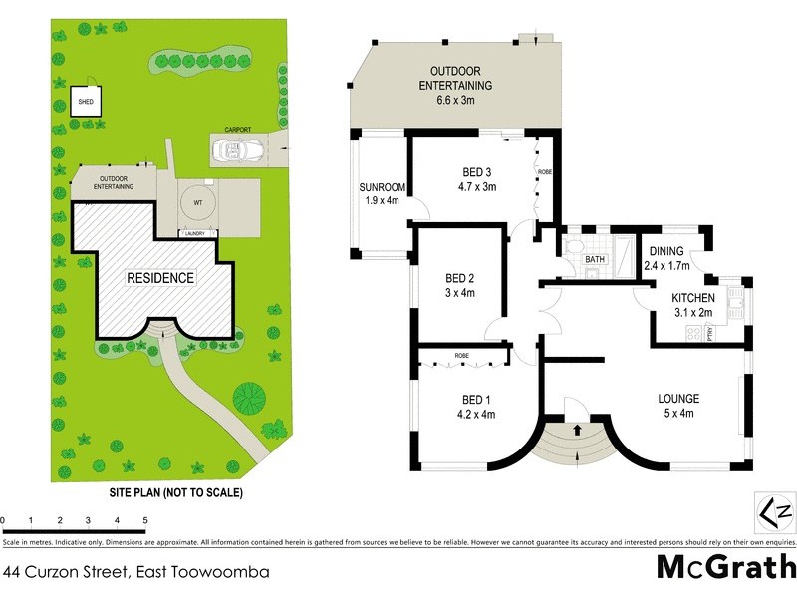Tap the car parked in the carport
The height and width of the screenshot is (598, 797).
point(237,151)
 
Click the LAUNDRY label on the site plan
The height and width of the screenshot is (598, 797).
point(194,234)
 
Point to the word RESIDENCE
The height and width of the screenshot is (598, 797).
point(159,278)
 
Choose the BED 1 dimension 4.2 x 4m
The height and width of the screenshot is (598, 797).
point(475,414)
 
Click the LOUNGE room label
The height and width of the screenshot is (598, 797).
point(678,398)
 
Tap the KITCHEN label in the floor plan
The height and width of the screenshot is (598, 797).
point(694,299)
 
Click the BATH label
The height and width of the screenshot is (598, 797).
point(595,259)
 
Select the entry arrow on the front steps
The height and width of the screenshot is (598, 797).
point(581,433)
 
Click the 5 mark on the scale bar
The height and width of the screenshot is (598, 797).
point(145,521)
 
